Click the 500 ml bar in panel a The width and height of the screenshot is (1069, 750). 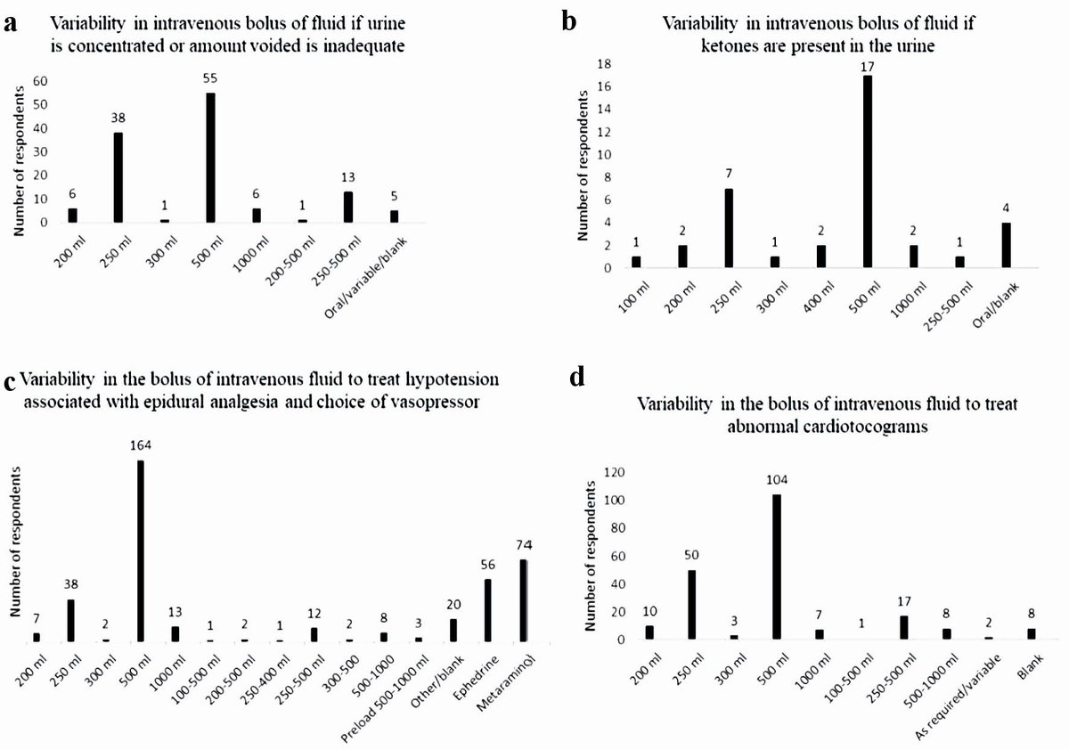pyautogui.click(x=210, y=158)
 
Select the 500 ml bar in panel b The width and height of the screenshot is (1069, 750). pyautogui.click(x=867, y=171)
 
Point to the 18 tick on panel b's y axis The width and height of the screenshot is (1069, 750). pyautogui.click(x=607, y=64)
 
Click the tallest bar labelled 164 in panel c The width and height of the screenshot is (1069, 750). pyautogui.click(x=141, y=550)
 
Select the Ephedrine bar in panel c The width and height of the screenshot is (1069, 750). pyautogui.click(x=487, y=610)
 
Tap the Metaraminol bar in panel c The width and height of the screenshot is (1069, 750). pyautogui.click(x=524, y=600)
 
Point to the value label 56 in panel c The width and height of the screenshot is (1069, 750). pyautogui.click(x=487, y=566)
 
